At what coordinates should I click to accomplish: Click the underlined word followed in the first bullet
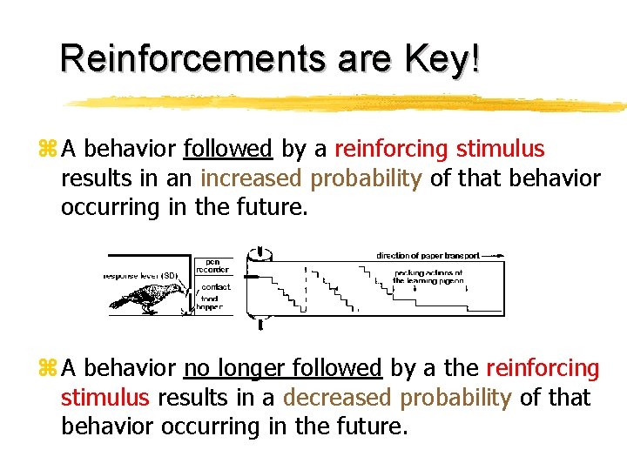click(x=229, y=150)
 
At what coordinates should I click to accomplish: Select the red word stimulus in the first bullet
click(x=500, y=150)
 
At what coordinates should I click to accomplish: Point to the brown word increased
click(x=253, y=178)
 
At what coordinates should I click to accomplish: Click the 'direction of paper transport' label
click(x=428, y=256)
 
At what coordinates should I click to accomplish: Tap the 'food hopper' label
click(x=210, y=302)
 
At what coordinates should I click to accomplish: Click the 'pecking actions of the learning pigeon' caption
click(x=428, y=276)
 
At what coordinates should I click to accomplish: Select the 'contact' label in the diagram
click(x=215, y=287)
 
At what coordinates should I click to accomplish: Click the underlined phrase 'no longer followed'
click(x=283, y=369)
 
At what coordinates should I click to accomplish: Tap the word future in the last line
click(x=367, y=426)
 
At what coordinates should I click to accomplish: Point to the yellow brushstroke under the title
click(x=348, y=103)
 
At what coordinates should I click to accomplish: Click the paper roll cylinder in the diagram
click(x=260, y=287)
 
